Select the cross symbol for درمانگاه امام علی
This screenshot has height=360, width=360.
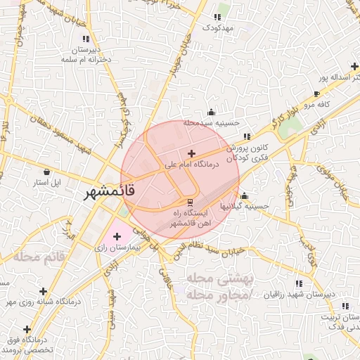(191, 153)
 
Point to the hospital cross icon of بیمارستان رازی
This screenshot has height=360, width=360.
(117, 236)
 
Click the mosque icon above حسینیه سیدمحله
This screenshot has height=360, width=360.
(211, 112)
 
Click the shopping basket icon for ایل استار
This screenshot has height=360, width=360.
(47, 172)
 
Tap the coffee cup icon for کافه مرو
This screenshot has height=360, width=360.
(316, 94)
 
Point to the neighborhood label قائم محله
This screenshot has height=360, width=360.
(39, 257)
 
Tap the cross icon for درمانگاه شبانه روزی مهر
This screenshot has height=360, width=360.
(43, 290)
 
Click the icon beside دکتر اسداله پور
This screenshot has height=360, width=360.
(354, 65)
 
